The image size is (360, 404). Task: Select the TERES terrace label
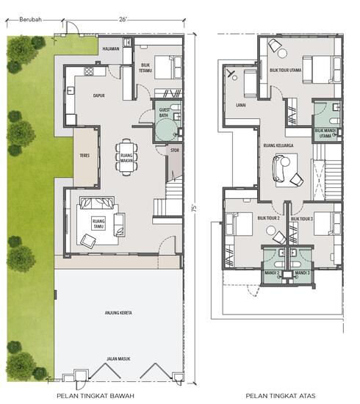click(84, 156)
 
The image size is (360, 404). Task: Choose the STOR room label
click(174, 151)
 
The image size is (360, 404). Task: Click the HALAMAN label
click(111, 49)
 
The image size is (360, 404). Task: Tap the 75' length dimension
click(195, 208)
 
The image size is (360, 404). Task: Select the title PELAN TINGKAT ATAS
click(281, 395)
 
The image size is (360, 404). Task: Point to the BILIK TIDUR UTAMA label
click(285, 71)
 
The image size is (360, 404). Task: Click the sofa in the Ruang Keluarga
click(280, 170)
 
